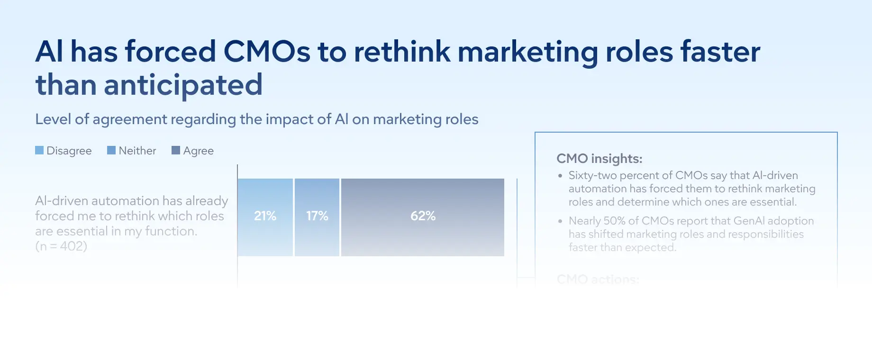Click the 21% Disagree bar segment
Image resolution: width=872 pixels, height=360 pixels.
click(x=265, y=217)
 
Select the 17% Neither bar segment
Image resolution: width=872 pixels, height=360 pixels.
click(x=317, y=217)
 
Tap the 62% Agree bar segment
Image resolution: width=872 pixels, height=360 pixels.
click(x=422, y=217)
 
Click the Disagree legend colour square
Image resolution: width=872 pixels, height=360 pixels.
click(x=39, y=150)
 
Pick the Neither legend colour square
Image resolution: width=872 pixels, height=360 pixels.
click(x=111, y=150)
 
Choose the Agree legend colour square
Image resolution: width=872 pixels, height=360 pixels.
click(x=176, y=150)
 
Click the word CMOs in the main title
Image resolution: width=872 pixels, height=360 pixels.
click(x=267, y=52)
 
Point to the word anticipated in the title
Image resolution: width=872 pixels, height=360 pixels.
click(x=183, y=85)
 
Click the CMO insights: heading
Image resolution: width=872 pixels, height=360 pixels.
click(x=599, y=159)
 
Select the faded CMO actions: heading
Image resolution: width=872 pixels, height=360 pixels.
click(x=598, y=279)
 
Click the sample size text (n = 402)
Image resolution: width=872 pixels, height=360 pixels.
click(x=61, y=246)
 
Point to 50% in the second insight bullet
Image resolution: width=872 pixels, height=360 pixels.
click(x=614, y=221)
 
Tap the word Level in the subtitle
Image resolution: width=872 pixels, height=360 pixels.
click(x=53, y=119)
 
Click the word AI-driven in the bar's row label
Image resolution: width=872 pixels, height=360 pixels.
click(x=61, y=201)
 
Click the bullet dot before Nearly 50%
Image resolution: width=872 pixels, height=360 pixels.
click(x=560, y=221)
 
